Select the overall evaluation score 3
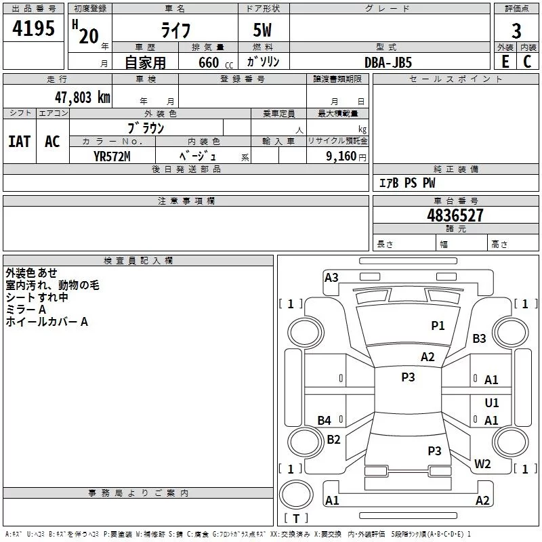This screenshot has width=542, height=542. click(516, 30)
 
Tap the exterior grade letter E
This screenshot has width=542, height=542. click(505, 62)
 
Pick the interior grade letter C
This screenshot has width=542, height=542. click(527, 62)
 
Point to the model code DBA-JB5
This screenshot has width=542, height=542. click(388, 62)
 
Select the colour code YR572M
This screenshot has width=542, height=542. click(112, 156)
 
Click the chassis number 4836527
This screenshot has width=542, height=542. click(455, 216)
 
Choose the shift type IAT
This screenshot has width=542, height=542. click(20, 142)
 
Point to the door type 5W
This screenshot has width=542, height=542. click(264, 31)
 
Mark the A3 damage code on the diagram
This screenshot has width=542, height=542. click(331, 278)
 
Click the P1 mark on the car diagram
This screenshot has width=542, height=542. click(438, 326)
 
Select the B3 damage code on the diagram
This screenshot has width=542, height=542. click(480, 338)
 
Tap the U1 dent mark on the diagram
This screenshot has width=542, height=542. click(492, 402)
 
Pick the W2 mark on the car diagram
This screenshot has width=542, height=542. click(482, 464)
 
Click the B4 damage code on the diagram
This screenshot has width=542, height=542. click(325, 421)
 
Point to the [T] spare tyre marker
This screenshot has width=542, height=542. click(295, 519)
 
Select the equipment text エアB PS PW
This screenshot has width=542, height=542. click(406, 183)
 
